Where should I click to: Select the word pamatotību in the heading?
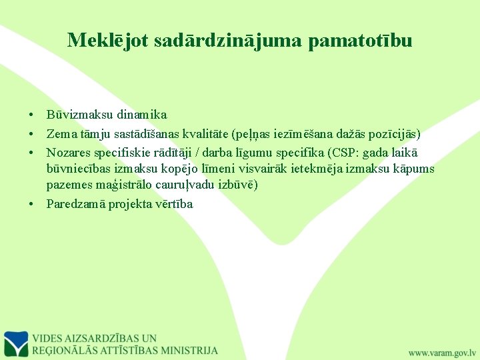coord(360,41)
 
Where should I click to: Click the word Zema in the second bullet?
coord(60,134)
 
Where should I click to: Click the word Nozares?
coord(67,152)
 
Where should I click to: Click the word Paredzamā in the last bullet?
coord(73,204)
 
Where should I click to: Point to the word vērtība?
coord(175,204)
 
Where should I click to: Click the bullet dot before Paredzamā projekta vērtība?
coord(32,204)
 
